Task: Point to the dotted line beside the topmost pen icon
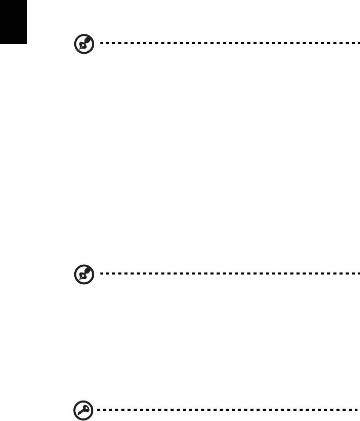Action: tap(225, 44)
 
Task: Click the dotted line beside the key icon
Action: tap(225, 411)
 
